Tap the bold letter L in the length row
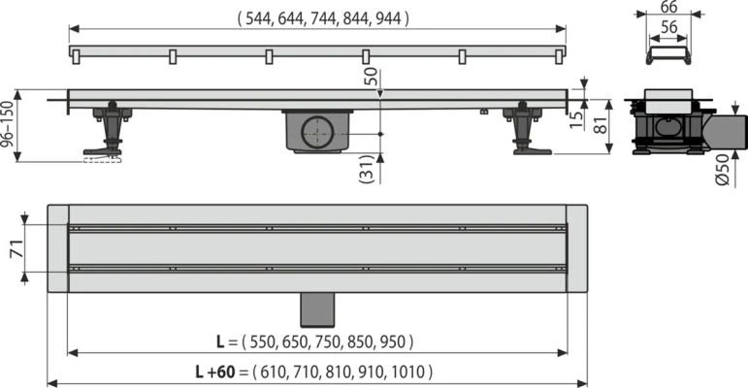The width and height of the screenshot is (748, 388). [x=221, y=341]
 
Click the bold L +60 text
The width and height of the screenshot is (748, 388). [x=215, y=372]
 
